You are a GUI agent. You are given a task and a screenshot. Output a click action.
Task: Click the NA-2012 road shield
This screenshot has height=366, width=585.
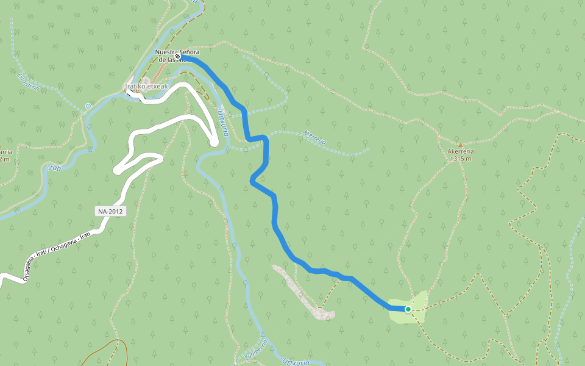(x=110, y=211)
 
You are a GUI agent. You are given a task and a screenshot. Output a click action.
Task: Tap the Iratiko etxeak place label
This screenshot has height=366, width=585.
(x=146, y=86)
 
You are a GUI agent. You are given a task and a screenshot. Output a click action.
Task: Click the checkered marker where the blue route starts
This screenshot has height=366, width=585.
(x=177, y=57)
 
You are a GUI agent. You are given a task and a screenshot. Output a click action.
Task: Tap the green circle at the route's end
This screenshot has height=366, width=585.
(x=408, y=309)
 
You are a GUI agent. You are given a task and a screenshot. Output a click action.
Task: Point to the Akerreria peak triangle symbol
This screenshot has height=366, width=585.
(x=461, y=145)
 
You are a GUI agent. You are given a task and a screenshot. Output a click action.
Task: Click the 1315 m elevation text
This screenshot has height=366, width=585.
(x=461, y=159)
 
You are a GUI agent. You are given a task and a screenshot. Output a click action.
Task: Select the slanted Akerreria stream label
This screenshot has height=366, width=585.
(x=315, y=137)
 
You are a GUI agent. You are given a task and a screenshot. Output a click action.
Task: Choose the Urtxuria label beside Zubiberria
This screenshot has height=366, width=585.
(x=297, y=362)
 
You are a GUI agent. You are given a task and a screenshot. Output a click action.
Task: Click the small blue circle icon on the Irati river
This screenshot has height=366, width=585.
(x=88, y=106)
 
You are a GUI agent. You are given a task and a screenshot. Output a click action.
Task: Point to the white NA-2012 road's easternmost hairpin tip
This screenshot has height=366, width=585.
(x=215, y=142)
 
